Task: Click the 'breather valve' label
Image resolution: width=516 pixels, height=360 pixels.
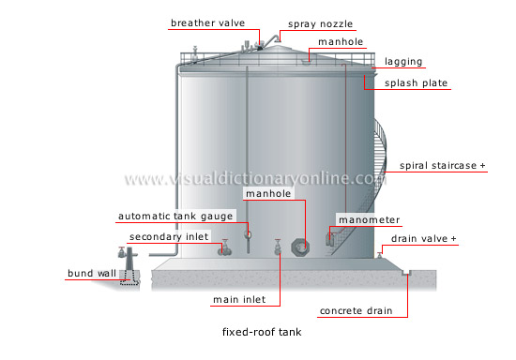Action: [x=207, y=22]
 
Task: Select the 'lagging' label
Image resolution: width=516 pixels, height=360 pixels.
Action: [x=402, y=63]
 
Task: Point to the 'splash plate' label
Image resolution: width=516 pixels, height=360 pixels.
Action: [x=417, y=83]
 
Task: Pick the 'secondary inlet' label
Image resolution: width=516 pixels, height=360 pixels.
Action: [x=169, y=236]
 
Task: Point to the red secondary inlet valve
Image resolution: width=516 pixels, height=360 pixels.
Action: [x=223, y=249]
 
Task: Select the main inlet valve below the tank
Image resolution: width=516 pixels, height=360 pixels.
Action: [x=277, y=248]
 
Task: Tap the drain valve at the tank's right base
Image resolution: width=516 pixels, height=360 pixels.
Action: [x=377, y=254]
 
